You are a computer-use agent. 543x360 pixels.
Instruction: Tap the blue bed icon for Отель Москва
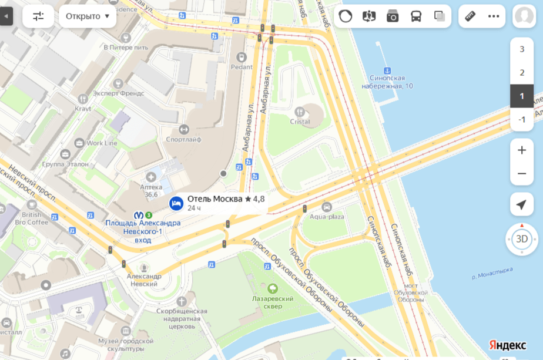pyautogui.click(x=176, y=203)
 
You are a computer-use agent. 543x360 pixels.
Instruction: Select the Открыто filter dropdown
pyautogui.click(x=88, y=16)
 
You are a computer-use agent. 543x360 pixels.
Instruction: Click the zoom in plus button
pyautogui.click(x=521, y=150)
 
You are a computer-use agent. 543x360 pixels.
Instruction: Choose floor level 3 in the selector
pyautogui.click(x=521, y=49)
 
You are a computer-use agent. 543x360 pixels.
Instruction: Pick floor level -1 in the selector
pyautogui.click(x=521, y=120)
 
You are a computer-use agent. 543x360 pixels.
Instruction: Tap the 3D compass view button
pyautogui.click(x=521, y=239)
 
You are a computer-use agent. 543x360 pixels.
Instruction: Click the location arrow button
pyautogui.click(x=521, y=204)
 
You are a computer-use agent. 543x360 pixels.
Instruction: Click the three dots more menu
pyautogui.click(x=494, y=16)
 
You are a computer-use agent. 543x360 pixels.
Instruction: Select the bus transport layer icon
pyautogui.click(x=416, y=16)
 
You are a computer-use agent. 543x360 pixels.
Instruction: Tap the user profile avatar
pyautogui.click(x=524, y=16)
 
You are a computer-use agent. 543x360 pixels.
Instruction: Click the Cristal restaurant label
pyautogui.click(x=300, y=122)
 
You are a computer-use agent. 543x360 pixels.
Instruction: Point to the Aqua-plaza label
pyautogui.click(x=327, y=217)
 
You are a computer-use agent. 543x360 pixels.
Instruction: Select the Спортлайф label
pyautogui.click(x=183, y=140)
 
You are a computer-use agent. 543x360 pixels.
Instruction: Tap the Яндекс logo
pyautogui.click(x=508, y=345)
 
